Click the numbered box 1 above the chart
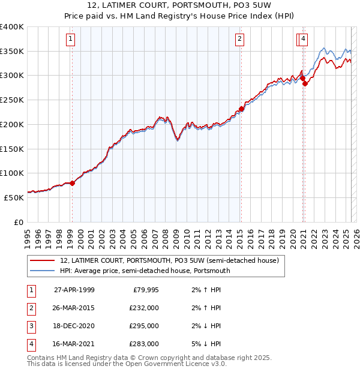click(71, 40)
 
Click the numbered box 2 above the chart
click(239, 40)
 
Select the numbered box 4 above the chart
click(304, 40)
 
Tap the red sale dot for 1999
click(72, 183)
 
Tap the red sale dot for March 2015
click(241, 109)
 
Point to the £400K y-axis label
click(12, 27)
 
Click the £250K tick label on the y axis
click(12, 100)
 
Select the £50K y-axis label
click(14, 197)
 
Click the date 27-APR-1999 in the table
click(74, 290)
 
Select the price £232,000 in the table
click(143, 308)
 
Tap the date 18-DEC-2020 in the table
click(74, 326)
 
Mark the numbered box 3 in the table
click(31, 326)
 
